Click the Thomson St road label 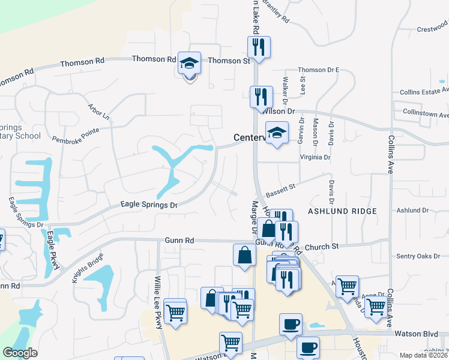coord(229,61)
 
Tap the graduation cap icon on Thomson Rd coord(190,65)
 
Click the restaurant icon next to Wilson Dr coord(261,96)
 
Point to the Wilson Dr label coord(279,111)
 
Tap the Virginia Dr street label coord(311,157)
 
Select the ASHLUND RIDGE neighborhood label coord(342,211)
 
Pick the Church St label coord(322,246)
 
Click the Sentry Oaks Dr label coord(418,256)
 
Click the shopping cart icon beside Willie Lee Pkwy coord(175,311)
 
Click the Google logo coord(20,353)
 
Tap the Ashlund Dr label coord(413,211)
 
